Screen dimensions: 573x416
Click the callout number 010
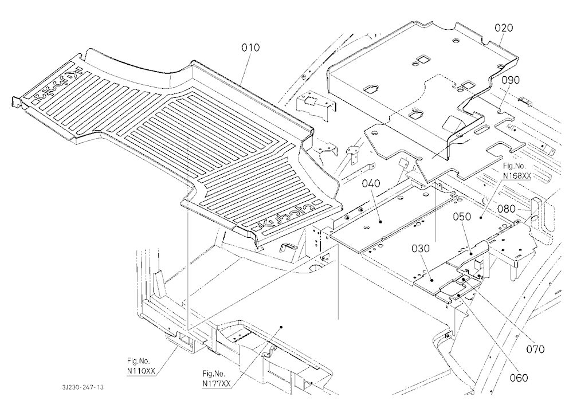coord(250,48)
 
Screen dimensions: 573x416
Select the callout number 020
coord(504,28)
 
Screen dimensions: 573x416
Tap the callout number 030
coord(421,249)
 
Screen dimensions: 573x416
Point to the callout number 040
coord(371,183)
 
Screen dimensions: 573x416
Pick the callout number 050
coord(462,217)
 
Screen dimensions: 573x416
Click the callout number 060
coord(519,378)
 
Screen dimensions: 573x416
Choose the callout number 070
coord(535,350)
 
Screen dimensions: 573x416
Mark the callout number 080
coord(506,209)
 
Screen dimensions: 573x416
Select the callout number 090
coord(510,80)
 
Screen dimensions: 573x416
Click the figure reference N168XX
coord(517,176)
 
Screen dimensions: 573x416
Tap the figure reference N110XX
coord(141,371)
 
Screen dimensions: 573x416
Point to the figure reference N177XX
coord(217,384)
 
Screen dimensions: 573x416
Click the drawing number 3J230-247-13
coord(83,387)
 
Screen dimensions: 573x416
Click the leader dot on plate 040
coord(381,222)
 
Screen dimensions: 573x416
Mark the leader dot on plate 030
coord(432,280)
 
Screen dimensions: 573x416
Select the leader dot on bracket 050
coord(472,253)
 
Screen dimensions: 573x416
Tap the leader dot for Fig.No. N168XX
coord(481,218)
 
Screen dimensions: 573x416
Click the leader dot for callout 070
coord(464,279)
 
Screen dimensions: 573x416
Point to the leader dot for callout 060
coord(458,294)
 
